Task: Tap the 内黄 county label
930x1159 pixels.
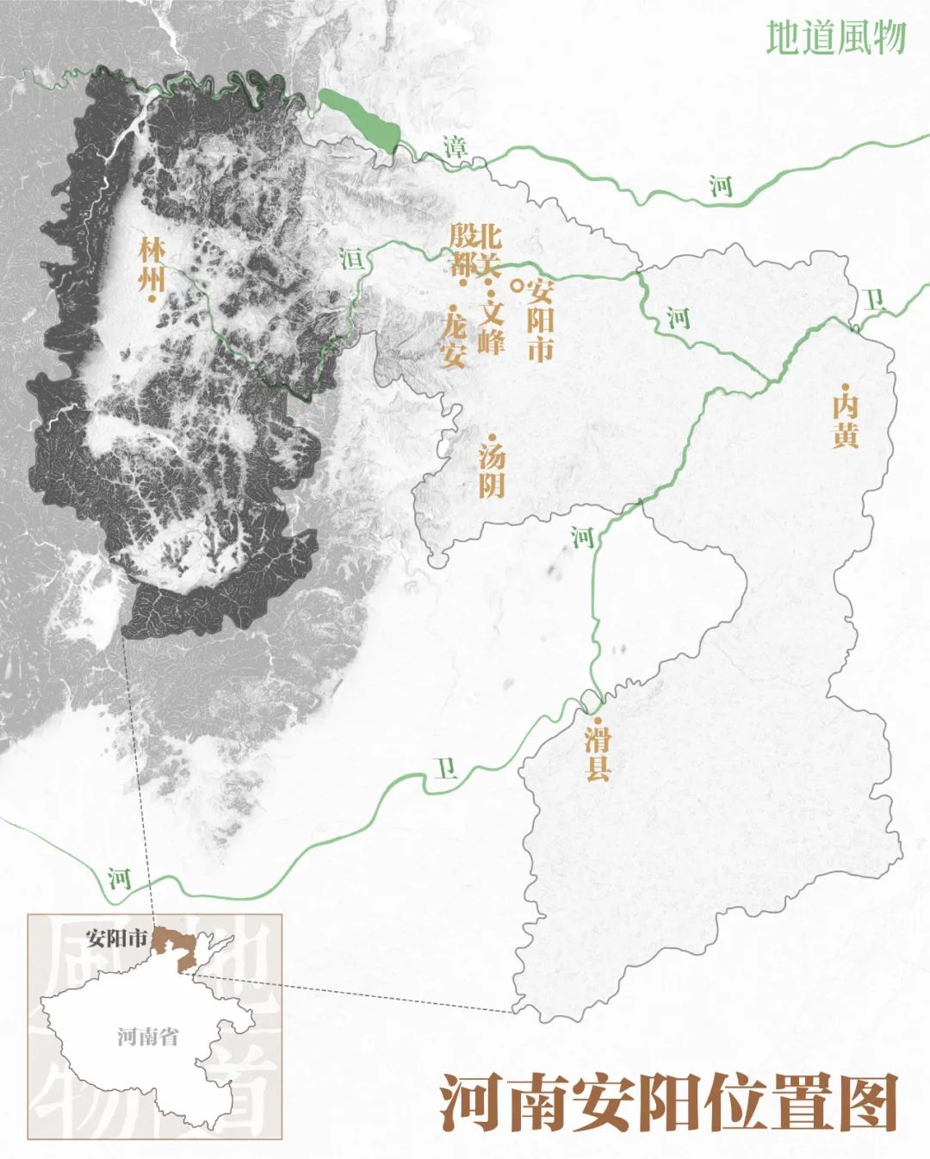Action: (x=845, y=420)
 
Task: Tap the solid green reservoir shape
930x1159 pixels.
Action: (x=360, y=121)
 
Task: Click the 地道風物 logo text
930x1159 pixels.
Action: (x=835, y=38)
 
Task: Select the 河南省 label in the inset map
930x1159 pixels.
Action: (x=148, y=1035)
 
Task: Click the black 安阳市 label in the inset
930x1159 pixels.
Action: (x=117, y=938)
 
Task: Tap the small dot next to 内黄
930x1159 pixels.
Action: (x=846, y=386)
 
